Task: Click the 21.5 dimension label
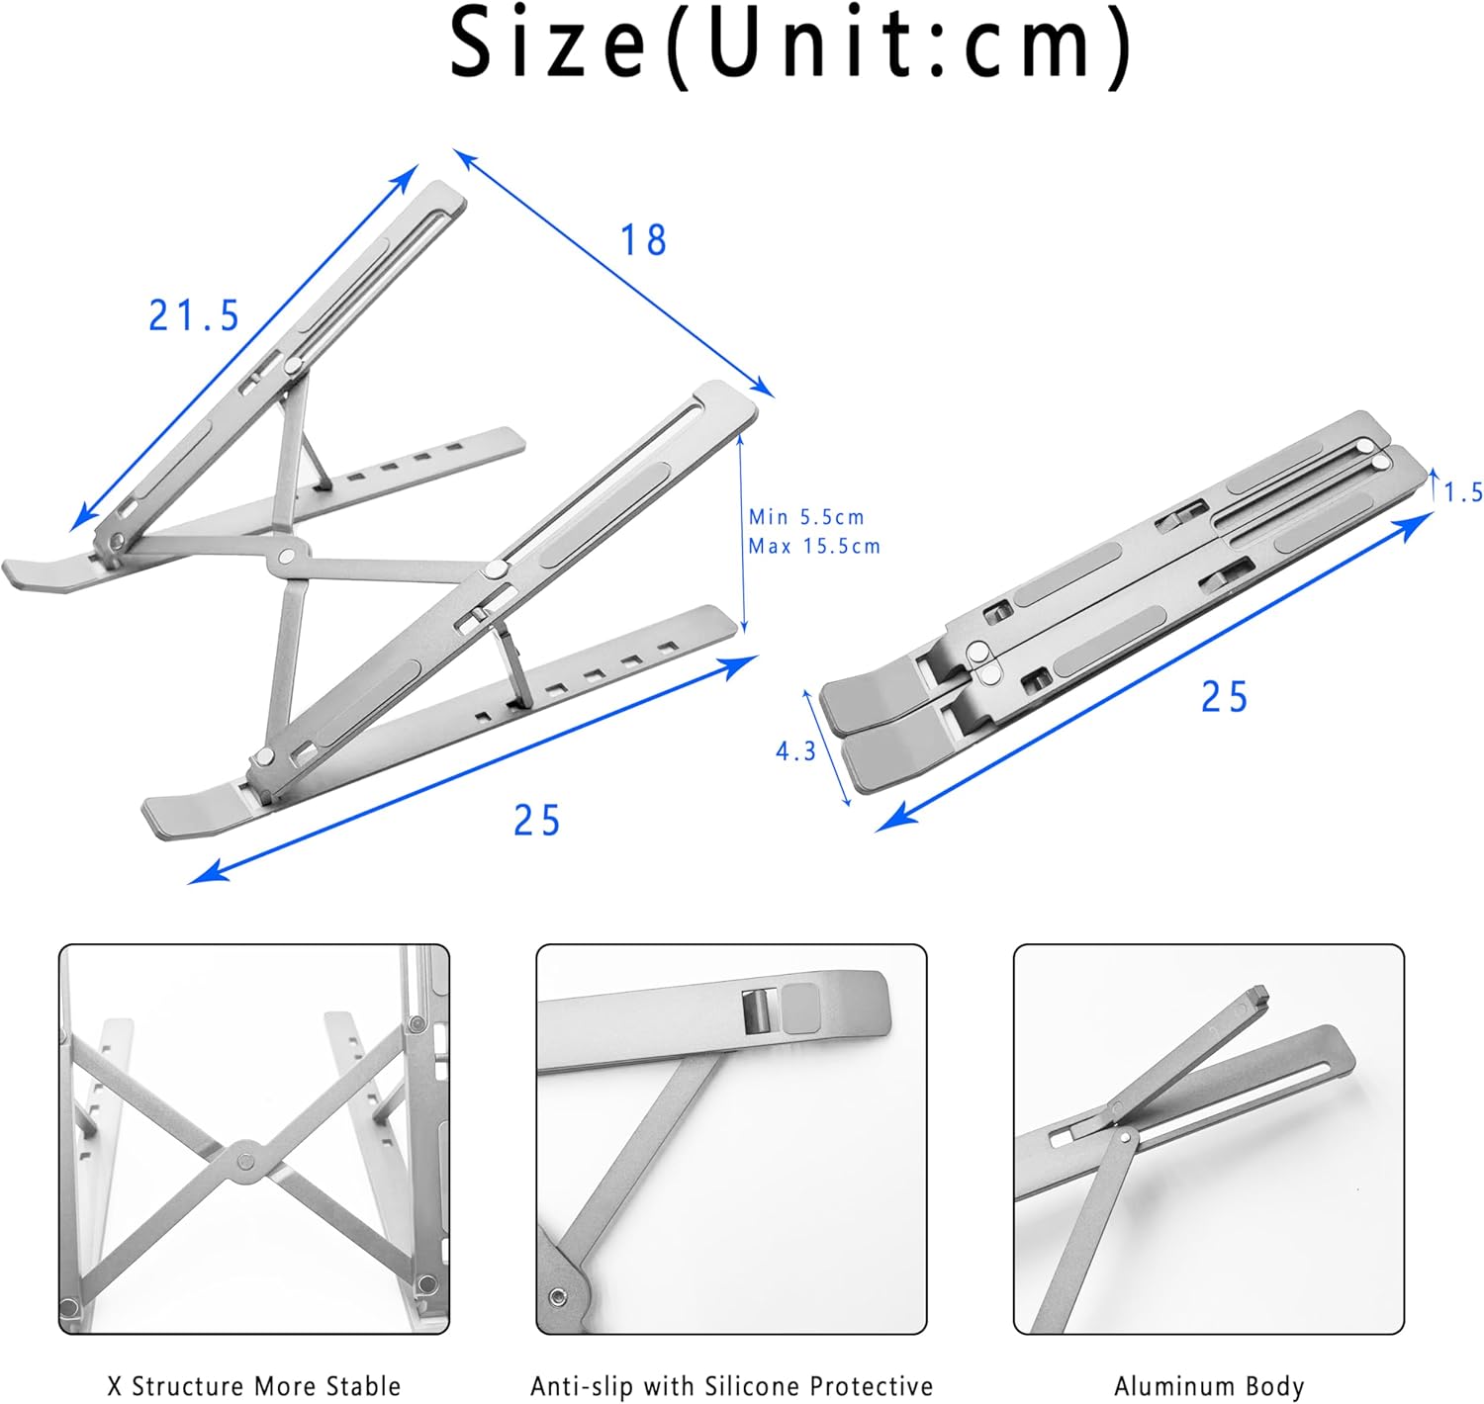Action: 194,316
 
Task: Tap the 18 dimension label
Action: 643,240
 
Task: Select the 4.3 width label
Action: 795,751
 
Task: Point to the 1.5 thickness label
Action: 1463,492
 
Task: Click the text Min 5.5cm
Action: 806,517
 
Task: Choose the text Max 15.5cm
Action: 814,546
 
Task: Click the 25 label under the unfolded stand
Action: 536,821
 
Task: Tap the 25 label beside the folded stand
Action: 1224,698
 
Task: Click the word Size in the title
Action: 547,44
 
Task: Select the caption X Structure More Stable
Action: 254,1386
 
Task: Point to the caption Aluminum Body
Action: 1209,1386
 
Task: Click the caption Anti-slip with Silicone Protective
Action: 731,1386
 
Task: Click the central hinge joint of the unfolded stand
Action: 288,558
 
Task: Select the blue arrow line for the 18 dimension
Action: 613,273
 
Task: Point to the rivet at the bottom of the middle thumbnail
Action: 559,1295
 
